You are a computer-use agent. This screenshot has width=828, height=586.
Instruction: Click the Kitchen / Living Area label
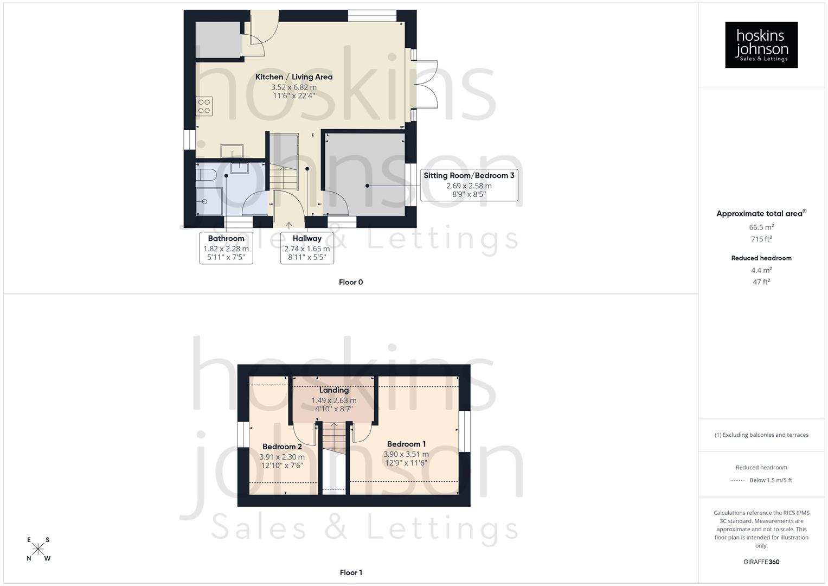pyautogui.click(x=294, y=77)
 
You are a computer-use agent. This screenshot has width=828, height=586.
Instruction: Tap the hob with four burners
pyautogui.click(x=204, y=106)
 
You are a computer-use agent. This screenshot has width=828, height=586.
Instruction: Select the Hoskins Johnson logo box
pyautogui.click(x=761, y=45)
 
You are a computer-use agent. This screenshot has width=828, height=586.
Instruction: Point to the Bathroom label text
pyautogui.click(x=226, y=238)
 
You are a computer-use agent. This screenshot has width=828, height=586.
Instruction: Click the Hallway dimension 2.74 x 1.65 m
pyautogui.click(x=307, y=249)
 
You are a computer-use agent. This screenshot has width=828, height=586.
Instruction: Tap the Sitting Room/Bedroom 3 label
pyautogui.click(x=468, y=175)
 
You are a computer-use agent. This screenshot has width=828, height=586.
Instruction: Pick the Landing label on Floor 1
pyautogui.click(x=333, y=390)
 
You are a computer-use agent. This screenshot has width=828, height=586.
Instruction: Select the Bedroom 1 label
pyautogui.click(x=406, y=444)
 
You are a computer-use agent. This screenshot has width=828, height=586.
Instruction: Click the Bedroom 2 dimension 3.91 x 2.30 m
pyautogui.click(x=282, y=457)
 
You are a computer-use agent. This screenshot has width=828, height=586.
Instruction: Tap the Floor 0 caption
pyautogui.click(x=351, y=282)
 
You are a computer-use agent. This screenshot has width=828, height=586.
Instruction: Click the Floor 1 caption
pyautogui.click(x=351, y=572)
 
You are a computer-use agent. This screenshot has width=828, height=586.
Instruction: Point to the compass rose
pyautogui.click(x=38, y=549)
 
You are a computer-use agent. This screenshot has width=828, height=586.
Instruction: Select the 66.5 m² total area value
pyautogui.click(x=761, y=227)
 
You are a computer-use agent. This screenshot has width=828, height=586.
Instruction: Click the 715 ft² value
pyautogui.click(x=761, y=239)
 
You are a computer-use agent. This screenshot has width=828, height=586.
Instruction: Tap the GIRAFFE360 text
pyautogui.click(x=761, y=562)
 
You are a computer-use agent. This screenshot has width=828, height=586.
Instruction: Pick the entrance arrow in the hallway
pyautogui.click(x=288, y=224)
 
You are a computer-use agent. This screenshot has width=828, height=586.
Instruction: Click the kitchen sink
pyautogui.click(x=232, y=150)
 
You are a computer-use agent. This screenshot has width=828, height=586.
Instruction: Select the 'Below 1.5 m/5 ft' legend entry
pyautogui.click(x=771, y=480)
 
